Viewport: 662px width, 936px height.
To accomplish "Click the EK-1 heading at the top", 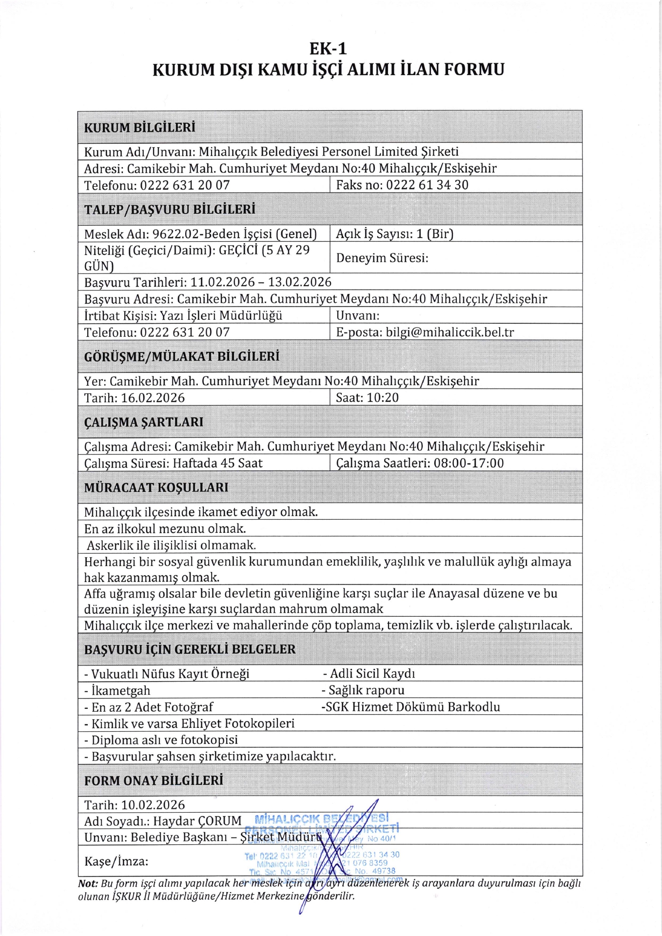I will [x=328, y=49].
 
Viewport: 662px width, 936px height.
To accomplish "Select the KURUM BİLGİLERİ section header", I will [x=139, y=128].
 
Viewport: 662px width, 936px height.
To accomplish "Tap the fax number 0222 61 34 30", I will [x=427, y=185].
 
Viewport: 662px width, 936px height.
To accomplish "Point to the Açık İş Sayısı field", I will [x=394, y=234].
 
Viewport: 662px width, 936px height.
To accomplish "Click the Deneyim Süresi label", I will [x=382, y=258].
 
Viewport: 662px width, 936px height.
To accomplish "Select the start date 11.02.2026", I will [x=222, y=282].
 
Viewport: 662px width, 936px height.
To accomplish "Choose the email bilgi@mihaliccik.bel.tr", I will [x=449, y=332].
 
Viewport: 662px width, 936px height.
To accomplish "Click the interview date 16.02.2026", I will [x=153, y=398].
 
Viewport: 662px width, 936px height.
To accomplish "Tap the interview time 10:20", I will [x=383, y=398].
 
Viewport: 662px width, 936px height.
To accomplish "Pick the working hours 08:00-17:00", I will [x=468, y=463].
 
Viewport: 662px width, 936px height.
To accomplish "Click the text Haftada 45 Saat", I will [x=217, y=463].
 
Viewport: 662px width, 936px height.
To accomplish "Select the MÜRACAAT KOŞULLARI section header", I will [x=156, y=487].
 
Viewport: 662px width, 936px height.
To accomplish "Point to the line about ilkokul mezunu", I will [x=165, y=529].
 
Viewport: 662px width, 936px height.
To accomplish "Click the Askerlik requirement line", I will [x=171, y=545].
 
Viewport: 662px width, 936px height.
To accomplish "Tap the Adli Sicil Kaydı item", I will [x=369, y=674].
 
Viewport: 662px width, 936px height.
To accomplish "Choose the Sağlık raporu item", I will [x=363, y=690].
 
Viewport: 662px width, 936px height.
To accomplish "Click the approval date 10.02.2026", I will [x=153, y=805].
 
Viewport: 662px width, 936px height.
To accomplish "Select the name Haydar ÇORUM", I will [x=197, y=821].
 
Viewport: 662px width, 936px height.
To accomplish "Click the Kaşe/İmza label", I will [x=116, y=861].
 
